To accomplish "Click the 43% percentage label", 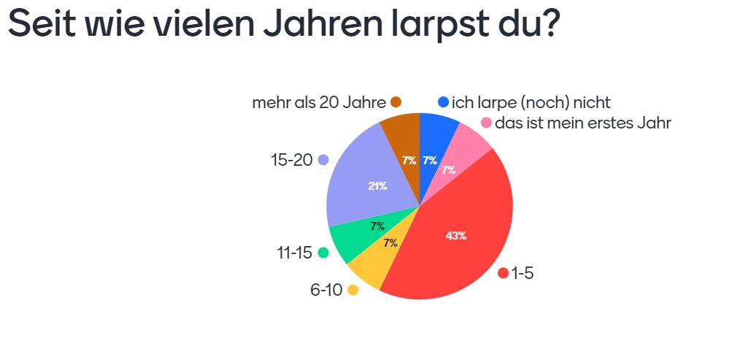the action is click(455, 236).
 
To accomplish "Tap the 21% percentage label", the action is click(377, 186).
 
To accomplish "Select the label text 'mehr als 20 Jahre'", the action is click(319, 102).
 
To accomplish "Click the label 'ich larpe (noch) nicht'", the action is click(531, 102).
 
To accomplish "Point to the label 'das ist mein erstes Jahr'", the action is click(582, 123).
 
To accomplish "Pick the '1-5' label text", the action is click(522, 274).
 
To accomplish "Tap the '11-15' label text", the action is click(294, 253).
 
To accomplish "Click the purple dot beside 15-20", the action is click(323, 160).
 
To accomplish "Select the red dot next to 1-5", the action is click(503, 273).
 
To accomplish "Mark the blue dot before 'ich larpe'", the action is click(443, 102).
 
